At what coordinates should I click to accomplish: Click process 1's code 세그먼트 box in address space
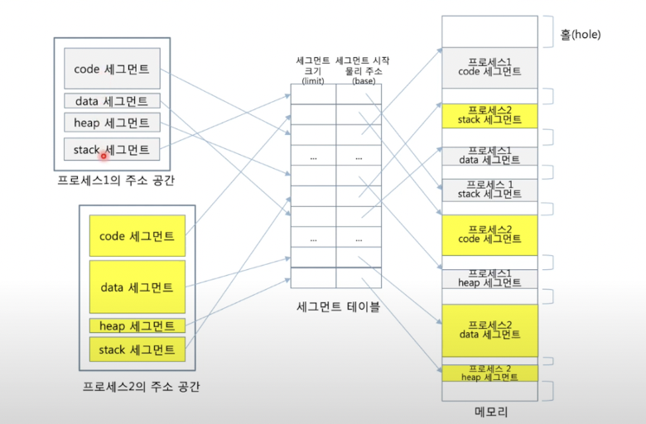[x=112, y=69]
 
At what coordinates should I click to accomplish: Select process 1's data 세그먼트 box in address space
[x=112, y=101]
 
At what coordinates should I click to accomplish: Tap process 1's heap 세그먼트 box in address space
[x=112, y=123]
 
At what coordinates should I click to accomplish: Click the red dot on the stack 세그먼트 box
[x=104, y=154]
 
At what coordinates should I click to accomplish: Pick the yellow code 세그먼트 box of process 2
[x=137, y=236]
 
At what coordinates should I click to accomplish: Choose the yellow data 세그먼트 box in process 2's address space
[x=137, y=287]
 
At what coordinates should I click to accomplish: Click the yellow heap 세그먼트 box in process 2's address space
[x=137, y=325]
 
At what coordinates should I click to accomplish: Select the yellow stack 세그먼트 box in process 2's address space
[x=137, y=349]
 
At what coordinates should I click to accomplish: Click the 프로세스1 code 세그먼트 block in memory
[x=489, y=66]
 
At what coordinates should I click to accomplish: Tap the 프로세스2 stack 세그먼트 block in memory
[x=489, y=114]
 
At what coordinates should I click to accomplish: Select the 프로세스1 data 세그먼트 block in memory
[x=489, y=155]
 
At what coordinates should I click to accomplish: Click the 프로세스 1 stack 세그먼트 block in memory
[x=489, y=189]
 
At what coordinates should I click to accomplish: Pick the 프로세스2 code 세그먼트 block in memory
[x=489, y=234]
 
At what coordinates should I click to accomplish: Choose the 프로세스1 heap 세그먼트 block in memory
[x=489, y=278]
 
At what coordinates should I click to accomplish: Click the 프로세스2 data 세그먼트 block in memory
[x=489, y=330]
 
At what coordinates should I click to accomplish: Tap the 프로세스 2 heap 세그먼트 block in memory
[x=489, y=373]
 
